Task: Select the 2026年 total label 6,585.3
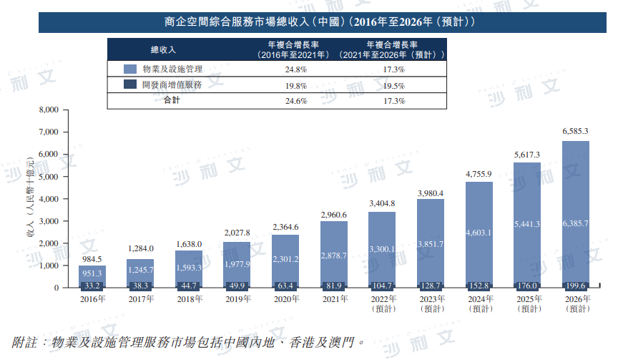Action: pyautogui.click(x=576, y=132)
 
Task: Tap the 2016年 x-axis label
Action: pyautogui.click(x=92, y=298)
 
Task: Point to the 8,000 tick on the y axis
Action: pyautogui.click(x=46, y=110)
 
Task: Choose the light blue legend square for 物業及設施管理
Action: pyautogui.click(x=130, y=69)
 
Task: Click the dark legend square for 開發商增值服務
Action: pyautogui.click(x=130, y=84)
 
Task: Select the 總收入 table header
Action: pyautogui.click(x=162, y=49)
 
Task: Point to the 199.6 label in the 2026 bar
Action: pyautogui.click(x=576, y=284)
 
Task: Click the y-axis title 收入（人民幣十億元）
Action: pyautogui.click(x=30, y=198)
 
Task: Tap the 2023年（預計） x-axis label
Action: pyautogui.click(x=431, y=303)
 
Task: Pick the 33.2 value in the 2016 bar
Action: pyautogui.click(x=92, y=284)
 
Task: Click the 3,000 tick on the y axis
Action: pyautogui.click(x=46, y=221)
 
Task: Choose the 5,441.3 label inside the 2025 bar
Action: pyautogui.click(x=527, y=224)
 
